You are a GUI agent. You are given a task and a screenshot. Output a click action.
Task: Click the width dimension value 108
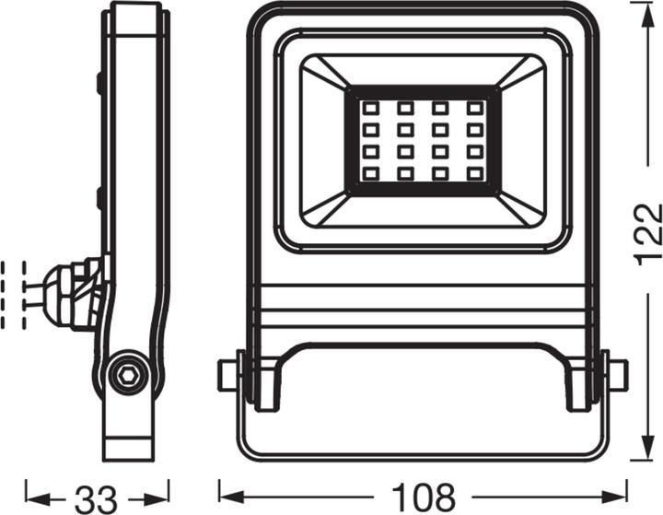423,497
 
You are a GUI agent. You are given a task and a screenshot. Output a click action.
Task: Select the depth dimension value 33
97,498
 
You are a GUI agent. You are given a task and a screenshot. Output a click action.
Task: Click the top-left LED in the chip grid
370,108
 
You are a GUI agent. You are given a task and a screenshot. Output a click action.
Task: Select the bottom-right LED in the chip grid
474,173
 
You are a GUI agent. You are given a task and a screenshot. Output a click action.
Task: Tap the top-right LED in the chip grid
474,108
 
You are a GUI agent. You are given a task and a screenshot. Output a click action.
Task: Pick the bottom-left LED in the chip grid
370,173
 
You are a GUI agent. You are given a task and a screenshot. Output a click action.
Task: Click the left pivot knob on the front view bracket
227,375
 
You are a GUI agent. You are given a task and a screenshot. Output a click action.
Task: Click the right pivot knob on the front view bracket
617,375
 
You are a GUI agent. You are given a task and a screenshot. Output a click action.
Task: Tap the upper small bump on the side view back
98,83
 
